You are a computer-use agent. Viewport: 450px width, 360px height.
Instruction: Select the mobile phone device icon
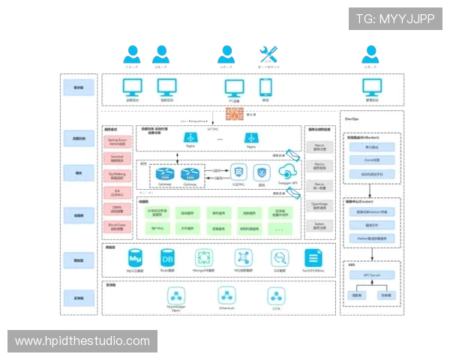[265, 86]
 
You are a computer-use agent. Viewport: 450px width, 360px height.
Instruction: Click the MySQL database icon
[135, 257]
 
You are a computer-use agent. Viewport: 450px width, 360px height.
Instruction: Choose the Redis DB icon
[167, 257]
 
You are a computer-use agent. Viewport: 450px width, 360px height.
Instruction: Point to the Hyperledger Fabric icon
[176, 294]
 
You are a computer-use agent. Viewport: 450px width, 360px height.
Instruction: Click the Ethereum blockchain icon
[226, 294]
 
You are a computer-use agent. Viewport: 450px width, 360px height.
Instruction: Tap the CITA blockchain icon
[277, 294]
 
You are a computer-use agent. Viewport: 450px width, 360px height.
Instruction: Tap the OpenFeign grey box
[319, 205]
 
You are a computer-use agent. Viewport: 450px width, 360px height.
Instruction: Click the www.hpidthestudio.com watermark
[82, 341]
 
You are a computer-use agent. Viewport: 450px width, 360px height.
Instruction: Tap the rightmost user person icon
[369, 54]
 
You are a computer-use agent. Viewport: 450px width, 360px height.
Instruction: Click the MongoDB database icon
[204, 257]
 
